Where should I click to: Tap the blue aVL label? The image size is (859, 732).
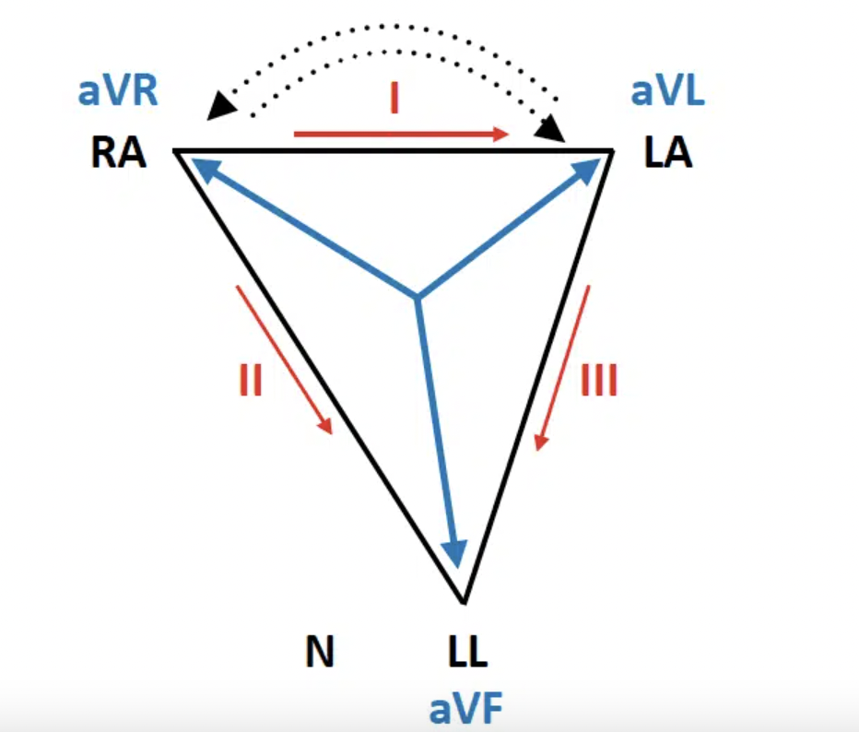tap(667, 93)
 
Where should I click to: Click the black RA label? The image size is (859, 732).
tap(119, 154)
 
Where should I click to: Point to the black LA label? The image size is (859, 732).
tap(668, 154)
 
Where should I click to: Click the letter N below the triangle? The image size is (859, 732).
tap(319, 653)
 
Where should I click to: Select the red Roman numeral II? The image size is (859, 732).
tap(251, 379)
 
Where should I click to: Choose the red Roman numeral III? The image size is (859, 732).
tap(599, 379)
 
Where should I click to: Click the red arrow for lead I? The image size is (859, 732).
tap(402, 135)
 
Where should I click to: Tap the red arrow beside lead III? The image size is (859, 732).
tap(561, 368)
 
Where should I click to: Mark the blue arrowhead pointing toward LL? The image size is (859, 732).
tap(453, 552)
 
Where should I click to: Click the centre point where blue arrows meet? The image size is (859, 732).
tap(418, 298)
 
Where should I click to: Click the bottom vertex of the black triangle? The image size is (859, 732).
tap(464, 602)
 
